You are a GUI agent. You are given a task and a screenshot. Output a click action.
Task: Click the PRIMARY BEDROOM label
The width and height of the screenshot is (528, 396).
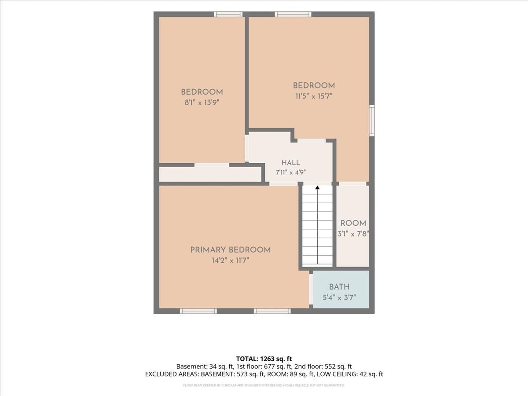231,250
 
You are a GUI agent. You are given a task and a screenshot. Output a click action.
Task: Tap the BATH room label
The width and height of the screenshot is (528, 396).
339,287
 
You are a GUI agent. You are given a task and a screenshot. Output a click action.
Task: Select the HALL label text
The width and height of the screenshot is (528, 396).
291,163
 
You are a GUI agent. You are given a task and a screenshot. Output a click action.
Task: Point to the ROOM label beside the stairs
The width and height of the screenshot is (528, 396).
353,223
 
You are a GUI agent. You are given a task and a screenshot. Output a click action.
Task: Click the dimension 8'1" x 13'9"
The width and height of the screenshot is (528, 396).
202,103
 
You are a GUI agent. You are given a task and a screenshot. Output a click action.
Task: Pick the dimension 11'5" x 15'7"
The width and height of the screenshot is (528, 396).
314,96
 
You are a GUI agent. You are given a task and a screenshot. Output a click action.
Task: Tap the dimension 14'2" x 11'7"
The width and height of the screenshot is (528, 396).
231,260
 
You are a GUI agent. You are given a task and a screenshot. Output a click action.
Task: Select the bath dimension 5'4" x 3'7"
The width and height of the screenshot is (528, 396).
339,298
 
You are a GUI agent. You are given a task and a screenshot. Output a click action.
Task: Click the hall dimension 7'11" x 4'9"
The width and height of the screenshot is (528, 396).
291,172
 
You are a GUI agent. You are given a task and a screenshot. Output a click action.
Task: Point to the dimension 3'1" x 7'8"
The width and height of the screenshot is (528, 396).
353,234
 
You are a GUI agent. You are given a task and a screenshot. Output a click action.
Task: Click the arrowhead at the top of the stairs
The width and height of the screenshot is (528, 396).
318,187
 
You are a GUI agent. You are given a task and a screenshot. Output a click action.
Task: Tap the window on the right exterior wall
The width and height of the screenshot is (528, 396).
372,121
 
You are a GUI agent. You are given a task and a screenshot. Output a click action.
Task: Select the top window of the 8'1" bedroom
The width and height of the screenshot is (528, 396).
228,14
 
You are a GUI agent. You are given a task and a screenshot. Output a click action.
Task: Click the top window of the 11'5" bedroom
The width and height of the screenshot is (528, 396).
293,14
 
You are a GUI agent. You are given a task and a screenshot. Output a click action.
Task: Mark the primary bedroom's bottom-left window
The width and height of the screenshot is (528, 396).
198,311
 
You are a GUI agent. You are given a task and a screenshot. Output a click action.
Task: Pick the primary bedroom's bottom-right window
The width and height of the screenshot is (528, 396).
272,311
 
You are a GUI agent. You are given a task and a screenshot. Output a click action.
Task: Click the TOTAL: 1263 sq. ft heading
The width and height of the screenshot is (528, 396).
264,359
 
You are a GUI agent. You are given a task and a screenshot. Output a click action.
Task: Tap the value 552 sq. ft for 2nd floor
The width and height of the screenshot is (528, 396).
338,367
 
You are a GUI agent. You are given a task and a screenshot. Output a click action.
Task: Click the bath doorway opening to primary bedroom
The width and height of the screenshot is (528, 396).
311,291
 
